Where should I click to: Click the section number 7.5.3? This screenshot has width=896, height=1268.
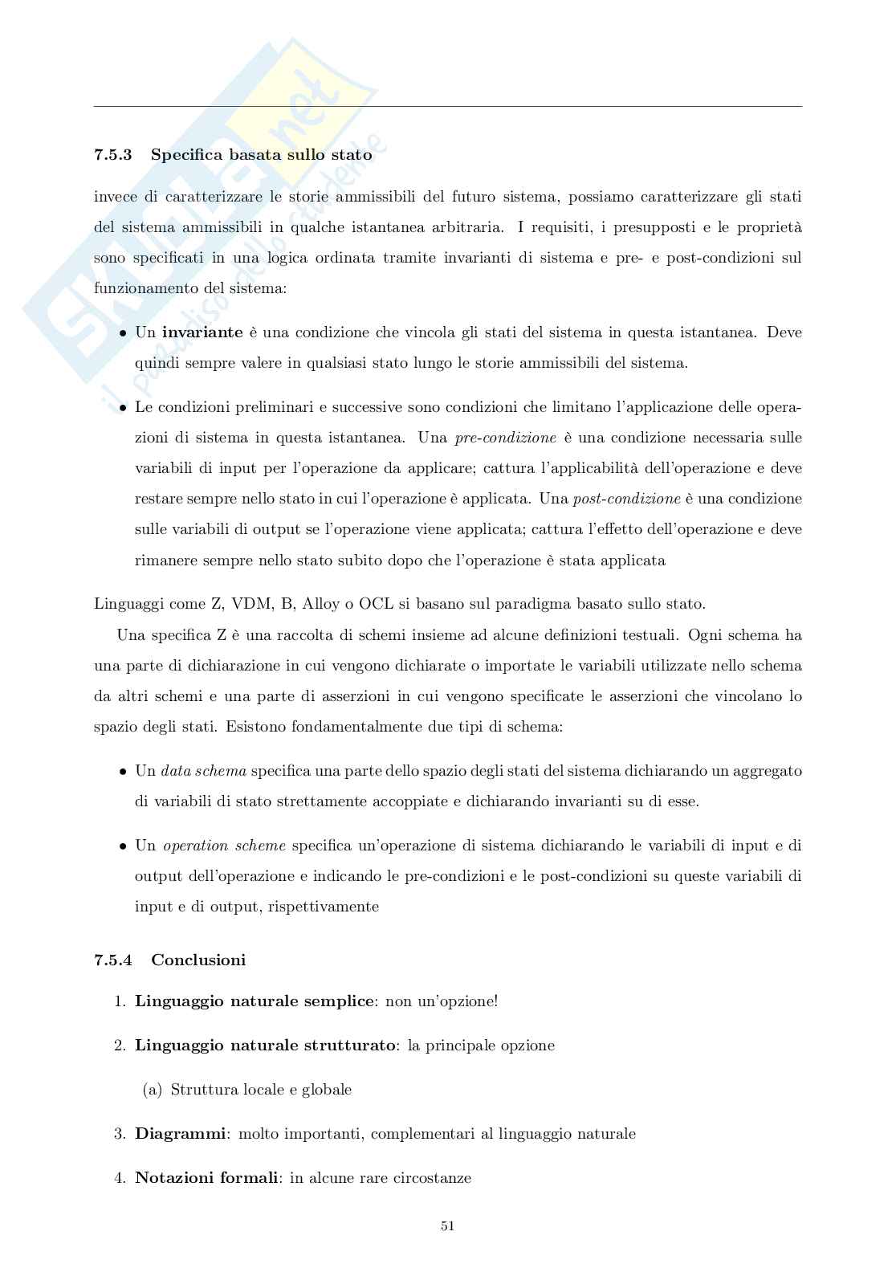[113, 155]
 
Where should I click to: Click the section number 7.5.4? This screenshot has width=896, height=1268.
[113, 960]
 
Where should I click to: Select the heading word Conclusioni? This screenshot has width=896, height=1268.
[198, 960]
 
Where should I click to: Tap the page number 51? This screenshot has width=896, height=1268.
[448, 1226]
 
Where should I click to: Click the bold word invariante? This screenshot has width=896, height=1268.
[202, 332]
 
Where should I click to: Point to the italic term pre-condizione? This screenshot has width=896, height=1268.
[505, 438]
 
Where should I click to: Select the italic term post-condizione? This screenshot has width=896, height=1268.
[626, 499]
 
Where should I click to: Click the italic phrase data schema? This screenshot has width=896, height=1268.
[203, 771]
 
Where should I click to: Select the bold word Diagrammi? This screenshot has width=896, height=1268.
[181, 1134]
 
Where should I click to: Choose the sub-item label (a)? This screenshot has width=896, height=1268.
[153, 1090]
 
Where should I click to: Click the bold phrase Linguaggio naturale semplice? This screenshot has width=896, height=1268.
[255, 1001]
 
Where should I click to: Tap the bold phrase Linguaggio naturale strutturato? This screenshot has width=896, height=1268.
[265, 1046]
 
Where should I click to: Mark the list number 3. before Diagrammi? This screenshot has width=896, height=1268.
[120, 1134]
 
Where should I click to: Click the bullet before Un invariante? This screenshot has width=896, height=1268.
[123, 333]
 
